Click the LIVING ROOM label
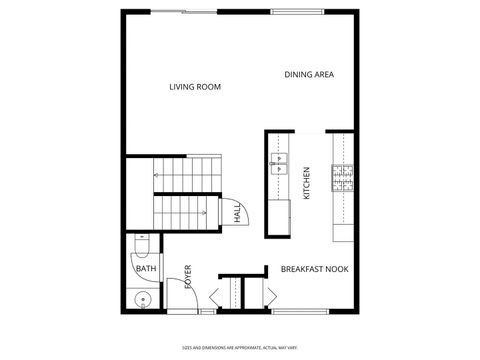click(194, 87)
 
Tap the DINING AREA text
click(309, 74)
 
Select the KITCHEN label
click(306, 181)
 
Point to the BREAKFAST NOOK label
click(313, 270)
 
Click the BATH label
click(146, 269)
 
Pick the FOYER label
click(187, 277)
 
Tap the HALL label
click(237, 213)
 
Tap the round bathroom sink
click(142, 298)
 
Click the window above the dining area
click(301, 12)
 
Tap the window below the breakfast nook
click(303, 312)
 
